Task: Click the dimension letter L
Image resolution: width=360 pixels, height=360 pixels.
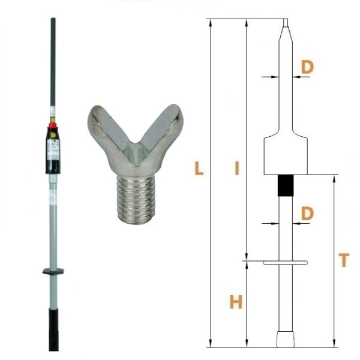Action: coord(199,168)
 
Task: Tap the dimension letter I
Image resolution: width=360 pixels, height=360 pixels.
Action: coord(237,168)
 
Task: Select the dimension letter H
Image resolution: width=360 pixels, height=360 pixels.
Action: coord(236,302)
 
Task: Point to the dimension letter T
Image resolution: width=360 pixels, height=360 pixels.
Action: coord(344,260)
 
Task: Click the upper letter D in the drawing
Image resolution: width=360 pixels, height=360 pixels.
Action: coord(307,67)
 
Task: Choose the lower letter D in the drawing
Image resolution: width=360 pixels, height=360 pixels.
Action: coord(307,213)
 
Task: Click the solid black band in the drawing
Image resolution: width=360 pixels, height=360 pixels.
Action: coord(286,185)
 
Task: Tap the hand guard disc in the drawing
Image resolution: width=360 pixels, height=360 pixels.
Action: coord(286,263)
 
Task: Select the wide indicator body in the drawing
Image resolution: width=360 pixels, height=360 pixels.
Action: coord(286,155)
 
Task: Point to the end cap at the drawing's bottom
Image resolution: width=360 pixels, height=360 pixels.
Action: coord(286,339)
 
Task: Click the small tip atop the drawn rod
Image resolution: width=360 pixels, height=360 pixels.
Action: coord(286,23)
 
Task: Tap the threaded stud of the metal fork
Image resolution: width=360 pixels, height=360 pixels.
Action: coord(137,199)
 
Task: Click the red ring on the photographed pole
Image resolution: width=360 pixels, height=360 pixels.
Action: coord(53,125)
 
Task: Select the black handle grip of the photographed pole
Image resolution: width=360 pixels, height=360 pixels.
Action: coord(53,329)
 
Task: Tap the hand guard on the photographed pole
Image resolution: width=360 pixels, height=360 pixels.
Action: coord(53,271)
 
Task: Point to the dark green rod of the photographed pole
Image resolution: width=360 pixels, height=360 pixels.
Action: coord(53,62)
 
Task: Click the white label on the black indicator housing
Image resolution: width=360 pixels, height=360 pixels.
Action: coord(53,149)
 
